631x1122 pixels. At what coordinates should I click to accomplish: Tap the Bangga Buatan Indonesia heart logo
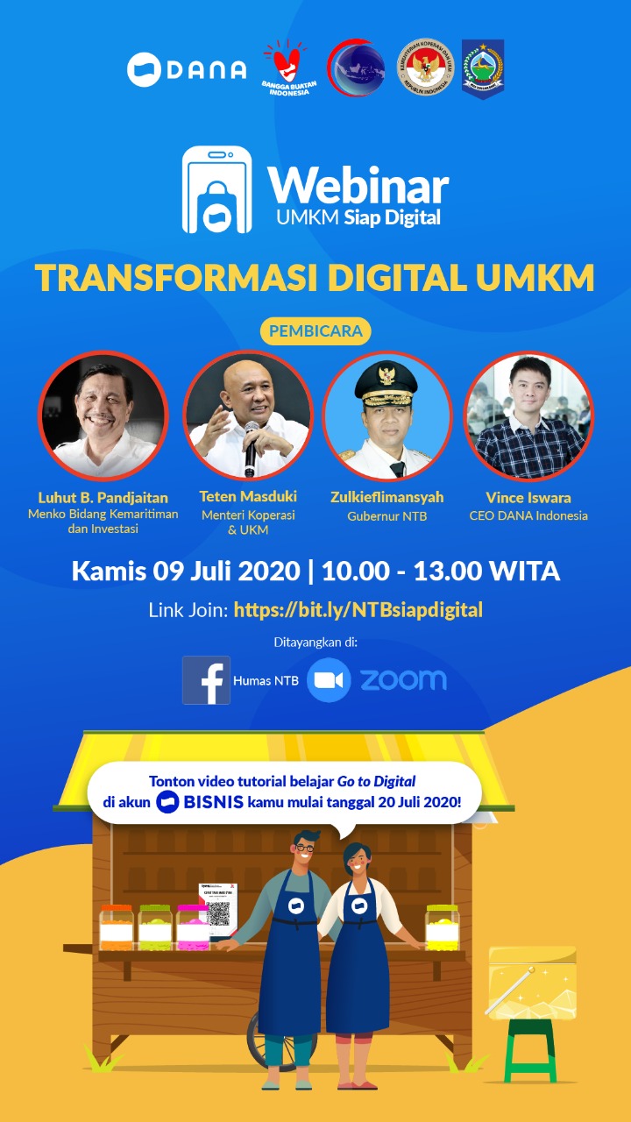[286, 68]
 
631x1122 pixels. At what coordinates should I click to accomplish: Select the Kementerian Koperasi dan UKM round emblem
[424, 67]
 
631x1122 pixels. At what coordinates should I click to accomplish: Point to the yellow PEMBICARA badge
[315, 332]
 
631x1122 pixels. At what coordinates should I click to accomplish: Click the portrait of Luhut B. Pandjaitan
[103, 415]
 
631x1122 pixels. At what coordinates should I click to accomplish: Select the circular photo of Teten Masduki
[248, 415]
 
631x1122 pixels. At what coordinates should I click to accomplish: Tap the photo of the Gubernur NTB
[387, 415]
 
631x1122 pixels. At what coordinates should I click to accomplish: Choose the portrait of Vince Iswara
[528, 415]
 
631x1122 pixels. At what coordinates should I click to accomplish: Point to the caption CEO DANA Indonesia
[528, 515]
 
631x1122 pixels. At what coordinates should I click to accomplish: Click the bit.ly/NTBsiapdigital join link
[358, 610]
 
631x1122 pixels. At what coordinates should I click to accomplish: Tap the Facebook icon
[207, 679]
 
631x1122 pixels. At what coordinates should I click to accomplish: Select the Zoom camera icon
[329, 681]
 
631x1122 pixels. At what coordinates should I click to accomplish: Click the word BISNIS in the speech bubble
[215, 802]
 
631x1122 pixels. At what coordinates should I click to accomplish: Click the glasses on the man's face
[305, 849]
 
